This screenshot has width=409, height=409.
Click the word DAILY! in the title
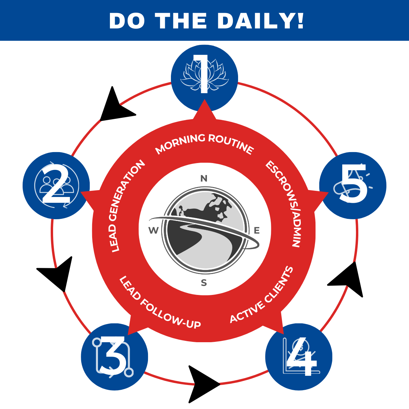(x=261, y=21)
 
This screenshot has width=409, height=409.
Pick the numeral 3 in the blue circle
(x=113, y=355)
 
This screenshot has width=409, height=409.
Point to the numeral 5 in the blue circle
(x=353, y=183)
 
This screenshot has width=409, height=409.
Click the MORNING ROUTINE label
(x=204, y=144)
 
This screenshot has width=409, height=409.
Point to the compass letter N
(x=204, y=178)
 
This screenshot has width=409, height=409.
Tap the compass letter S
(x=204, y=283)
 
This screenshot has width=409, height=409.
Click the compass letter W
(x=153, y=230)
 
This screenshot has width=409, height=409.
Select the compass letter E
(x=257, y=230)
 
